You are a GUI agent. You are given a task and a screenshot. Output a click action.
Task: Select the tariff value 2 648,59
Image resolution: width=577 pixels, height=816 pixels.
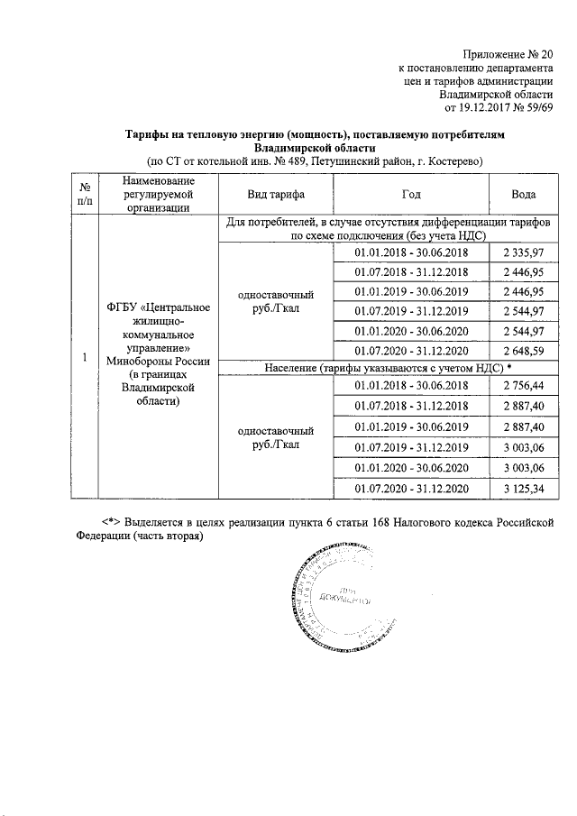[523, 351]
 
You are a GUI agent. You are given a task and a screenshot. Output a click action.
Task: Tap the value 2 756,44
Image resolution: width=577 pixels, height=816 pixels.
[523, 384]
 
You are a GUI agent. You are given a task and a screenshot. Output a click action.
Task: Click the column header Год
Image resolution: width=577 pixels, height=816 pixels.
[410, 195]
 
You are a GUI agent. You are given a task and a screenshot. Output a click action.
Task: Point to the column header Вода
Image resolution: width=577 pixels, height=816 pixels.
[523, 195]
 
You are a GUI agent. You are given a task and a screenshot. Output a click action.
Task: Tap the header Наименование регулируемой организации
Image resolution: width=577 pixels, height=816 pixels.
[158, 195]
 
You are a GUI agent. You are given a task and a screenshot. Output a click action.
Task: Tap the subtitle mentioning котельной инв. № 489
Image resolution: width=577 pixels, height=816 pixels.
[315, 161]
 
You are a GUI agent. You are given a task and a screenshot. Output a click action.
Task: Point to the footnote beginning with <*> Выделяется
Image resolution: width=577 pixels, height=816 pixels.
[315, 530]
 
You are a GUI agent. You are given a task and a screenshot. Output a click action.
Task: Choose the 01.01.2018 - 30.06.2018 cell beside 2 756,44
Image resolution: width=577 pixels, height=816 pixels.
[410, 384]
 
